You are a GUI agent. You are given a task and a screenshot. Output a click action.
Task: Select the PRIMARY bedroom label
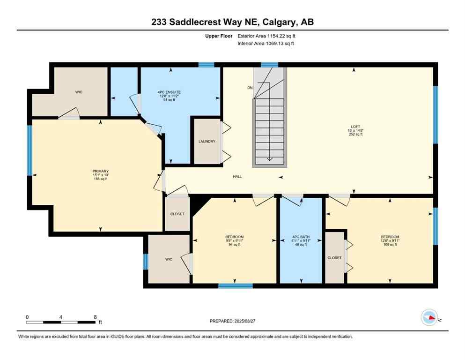[x=100, y=171]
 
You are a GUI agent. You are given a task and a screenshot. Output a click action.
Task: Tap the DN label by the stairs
[x=250, y=88]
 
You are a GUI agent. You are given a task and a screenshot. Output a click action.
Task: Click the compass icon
[x=429, y=317]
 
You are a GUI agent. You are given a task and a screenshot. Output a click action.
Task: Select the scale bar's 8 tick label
[x=95, y=317]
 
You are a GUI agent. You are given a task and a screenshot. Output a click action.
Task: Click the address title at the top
[x=232, y=22]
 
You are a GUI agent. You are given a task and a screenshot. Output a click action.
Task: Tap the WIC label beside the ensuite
[x=79, y=92]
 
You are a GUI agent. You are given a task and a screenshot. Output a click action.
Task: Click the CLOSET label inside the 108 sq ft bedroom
[x=334, y=258]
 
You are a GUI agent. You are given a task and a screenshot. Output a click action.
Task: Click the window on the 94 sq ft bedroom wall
[x=236, y=285]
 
